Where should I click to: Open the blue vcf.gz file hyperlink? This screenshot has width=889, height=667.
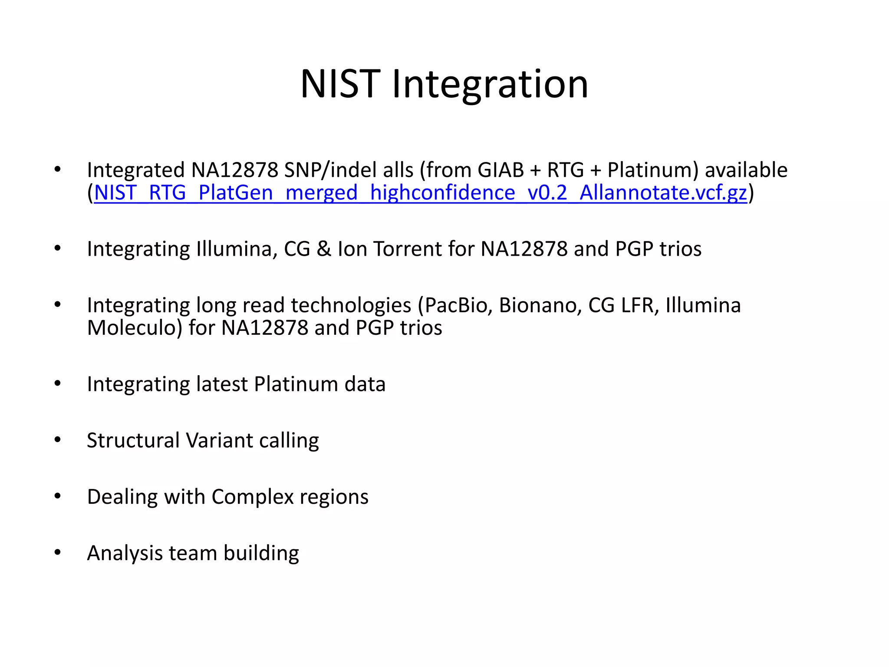[x=420, y=192]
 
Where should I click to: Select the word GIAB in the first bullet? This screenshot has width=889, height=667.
[x=500, y=170]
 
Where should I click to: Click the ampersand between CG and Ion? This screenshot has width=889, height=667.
[x=324, y=249]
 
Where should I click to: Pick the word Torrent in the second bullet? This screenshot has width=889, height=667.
[x=408, y=249]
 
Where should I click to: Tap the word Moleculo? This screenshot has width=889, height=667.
[x=135, y=328]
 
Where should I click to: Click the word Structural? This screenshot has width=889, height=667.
[x=133, y=440]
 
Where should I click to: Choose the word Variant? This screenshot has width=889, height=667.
[x=220, y=440]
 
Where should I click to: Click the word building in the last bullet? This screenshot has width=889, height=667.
[x=261, y=553]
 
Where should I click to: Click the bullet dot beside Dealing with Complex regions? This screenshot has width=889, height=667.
[x=58, y=496]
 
